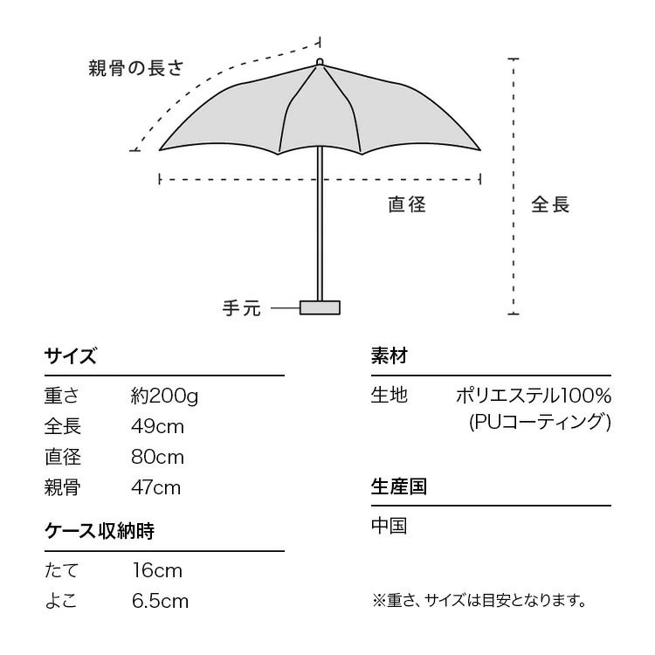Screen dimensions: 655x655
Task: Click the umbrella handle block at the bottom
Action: click(x=320, y=307)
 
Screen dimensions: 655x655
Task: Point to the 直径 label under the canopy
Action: click(x=407, y=205)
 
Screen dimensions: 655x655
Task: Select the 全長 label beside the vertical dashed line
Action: click(x=550, y=205)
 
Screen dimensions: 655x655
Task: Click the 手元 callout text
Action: click(x=242, y=308)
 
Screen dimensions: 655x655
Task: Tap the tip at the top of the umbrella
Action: click(x=320, y=61)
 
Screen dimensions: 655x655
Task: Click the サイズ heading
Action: click(x=70, y=356)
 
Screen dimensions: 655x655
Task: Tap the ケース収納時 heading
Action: click(x=99, y=531)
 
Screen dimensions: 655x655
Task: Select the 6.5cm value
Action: click(x=159, y=602)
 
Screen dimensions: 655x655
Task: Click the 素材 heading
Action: click(x=390, y=356)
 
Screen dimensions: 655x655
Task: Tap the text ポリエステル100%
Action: click(x=533, y=396)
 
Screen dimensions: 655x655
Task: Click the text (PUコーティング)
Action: click(x=539, y=423)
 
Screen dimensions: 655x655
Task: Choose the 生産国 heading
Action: click(x=399, y=486)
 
